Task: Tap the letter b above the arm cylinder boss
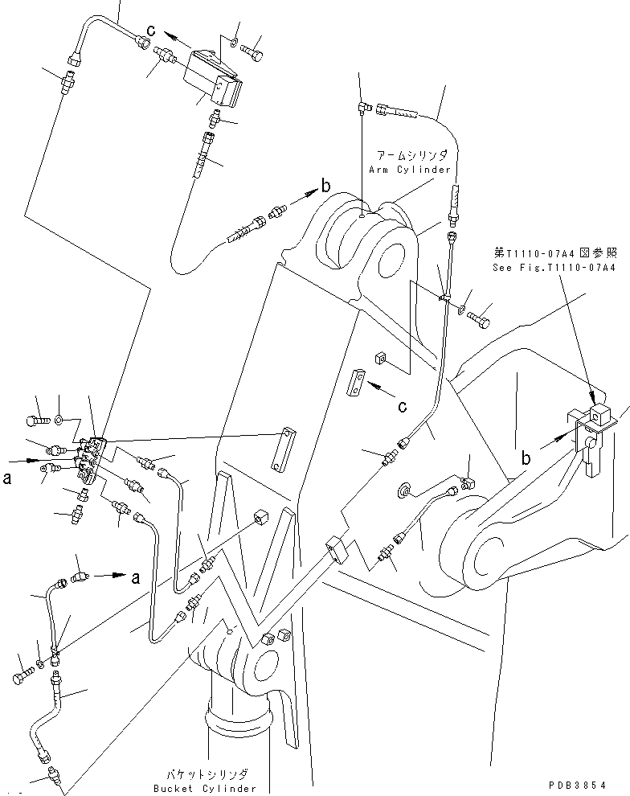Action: click(325, 187)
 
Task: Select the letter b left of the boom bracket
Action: click(526, 459)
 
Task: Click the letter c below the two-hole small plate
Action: click(403, 407)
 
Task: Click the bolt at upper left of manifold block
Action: click(39, 421)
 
